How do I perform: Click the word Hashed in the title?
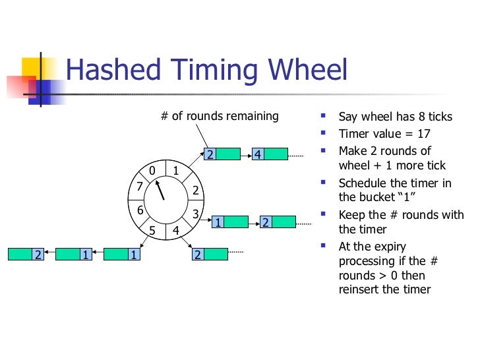pyautogui.click(x=108, y=71)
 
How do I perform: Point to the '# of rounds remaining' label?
pyautogui.click(x=220, y=117)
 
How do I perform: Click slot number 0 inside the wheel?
pyautogui.click(x=152, y=171)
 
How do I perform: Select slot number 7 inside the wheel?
pyautogui.click(x=139, y=186)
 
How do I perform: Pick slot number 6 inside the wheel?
pyautogui.click(x=140, y=210)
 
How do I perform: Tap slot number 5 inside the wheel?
pyautogui.click(x=152, y=231)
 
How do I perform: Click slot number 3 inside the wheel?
pyautogui.click(x=196, y=214)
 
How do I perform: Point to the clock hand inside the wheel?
pyautogui.click(x=160, y=191)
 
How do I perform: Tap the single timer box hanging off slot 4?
pyautogui.click(x=209, y=254)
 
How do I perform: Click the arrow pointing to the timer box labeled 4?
pyautogui.click(x=246, y=154)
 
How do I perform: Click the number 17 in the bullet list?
pyautogui.click(x=423, y=134)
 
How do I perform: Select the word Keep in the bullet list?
pyautogui.click(x=351, y=215)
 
